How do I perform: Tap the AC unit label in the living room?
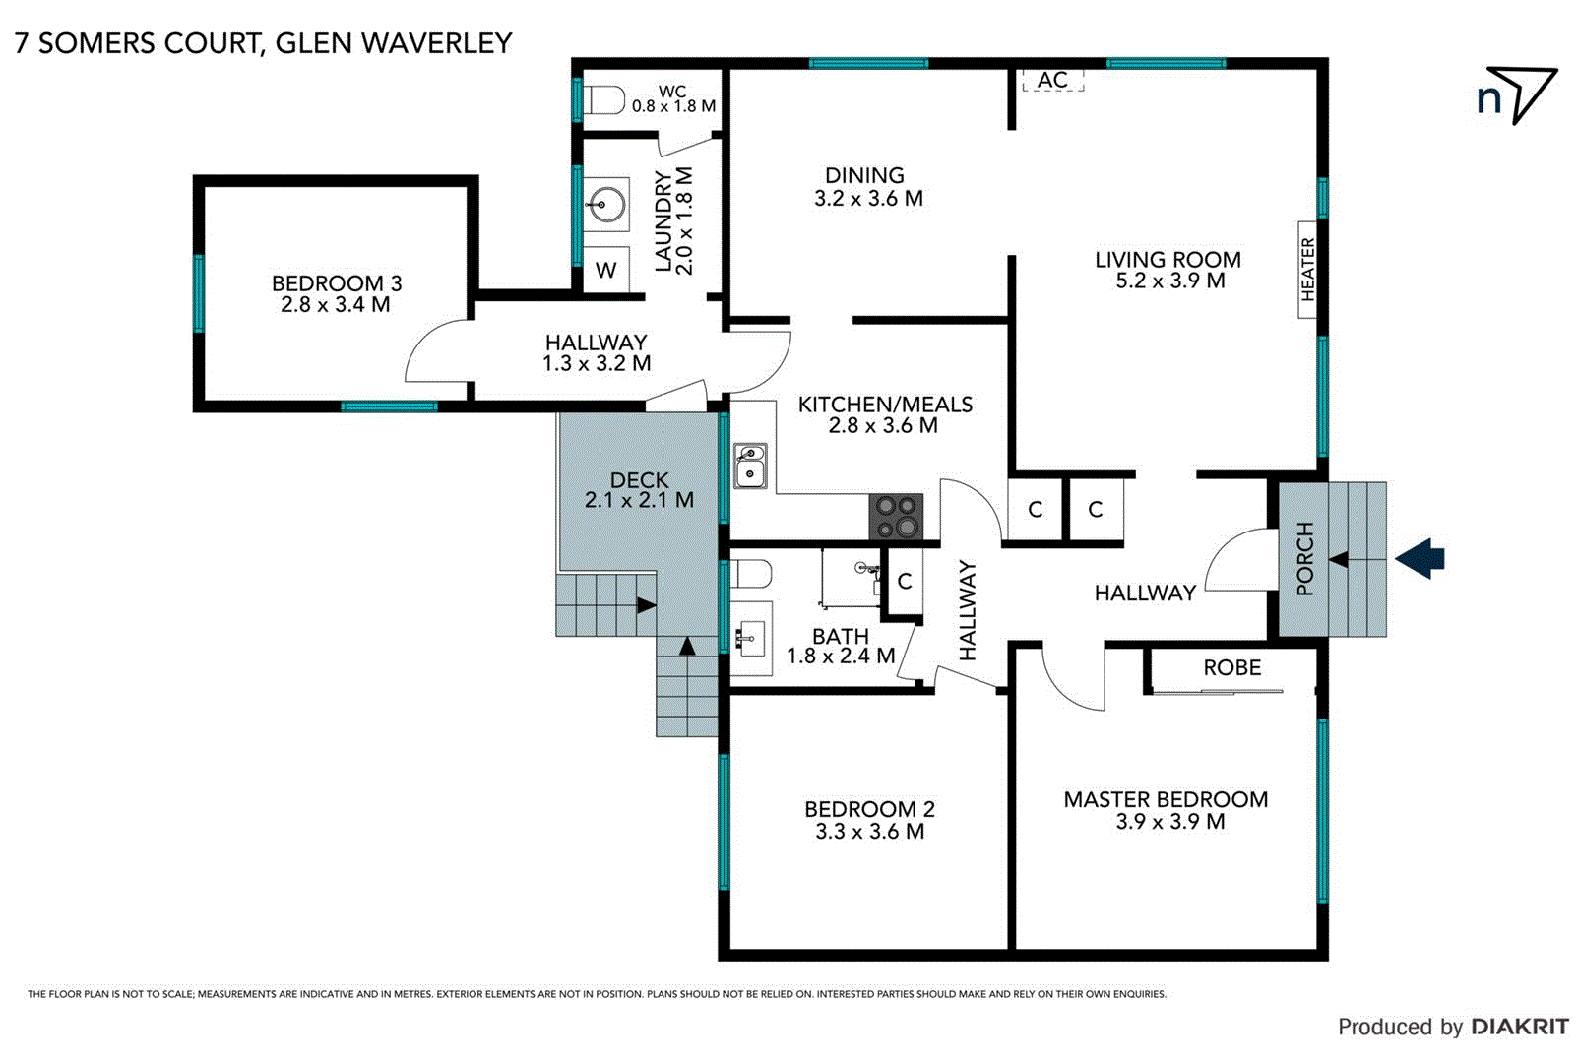tap(1052, 81)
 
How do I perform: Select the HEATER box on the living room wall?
tap(1307, 269)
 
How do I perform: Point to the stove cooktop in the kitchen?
tap(896, 517)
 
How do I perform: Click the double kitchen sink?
tap(750, 466)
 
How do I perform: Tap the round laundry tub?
tap(604, 206)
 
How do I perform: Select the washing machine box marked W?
tap(606, 271)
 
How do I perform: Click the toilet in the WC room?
tap(604, 99)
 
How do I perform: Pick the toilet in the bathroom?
tap(752, 573)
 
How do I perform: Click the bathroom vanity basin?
tap(750, 639)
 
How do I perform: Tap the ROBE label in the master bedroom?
tap(1231, 667)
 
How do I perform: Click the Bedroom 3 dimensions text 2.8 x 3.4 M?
tap(335, 305)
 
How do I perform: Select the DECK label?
tap(639, 480)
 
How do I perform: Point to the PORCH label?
tap(1305, 559)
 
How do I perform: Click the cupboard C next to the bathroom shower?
tap(904, 582)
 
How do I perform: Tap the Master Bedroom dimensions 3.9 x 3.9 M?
tap(1169, 822)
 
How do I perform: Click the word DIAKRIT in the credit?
tap(1520, 1027)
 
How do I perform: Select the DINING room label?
tap(864, 175)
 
